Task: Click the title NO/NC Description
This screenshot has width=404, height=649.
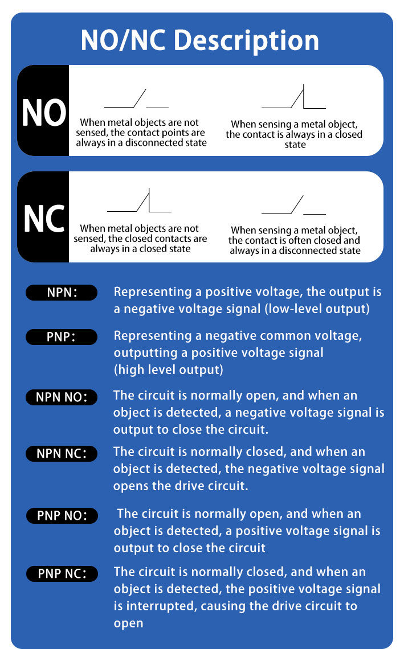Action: coord(200,40)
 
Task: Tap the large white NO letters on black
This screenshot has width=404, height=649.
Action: coord(44,113)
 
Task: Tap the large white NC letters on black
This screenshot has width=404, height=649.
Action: coord(44,219)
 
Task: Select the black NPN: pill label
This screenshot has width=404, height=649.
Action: coord(62,292)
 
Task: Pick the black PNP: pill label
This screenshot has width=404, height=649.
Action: coord(62,336)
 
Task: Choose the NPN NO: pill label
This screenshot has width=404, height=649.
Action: coord(62,397)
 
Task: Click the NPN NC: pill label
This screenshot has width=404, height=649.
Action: coord(62,454)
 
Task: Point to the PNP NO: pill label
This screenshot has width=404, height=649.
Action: coord(62,516)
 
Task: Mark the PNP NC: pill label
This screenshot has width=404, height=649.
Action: coord(62,574)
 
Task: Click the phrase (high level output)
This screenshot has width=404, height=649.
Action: coord(169,369)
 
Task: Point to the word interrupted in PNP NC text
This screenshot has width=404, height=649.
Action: coord(161,606)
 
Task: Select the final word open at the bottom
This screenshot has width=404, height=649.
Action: coord(128,623)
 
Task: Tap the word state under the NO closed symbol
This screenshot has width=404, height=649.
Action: coord(295,145)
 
